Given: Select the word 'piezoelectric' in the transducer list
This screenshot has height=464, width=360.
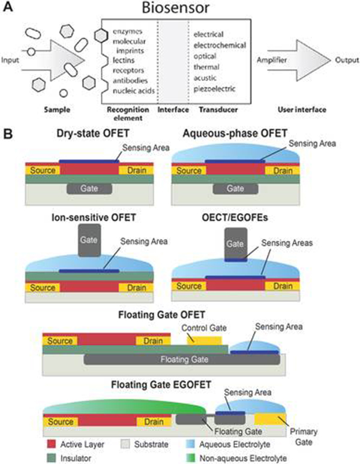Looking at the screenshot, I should [214, 89].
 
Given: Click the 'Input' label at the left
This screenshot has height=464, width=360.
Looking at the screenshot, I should [11, 60].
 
